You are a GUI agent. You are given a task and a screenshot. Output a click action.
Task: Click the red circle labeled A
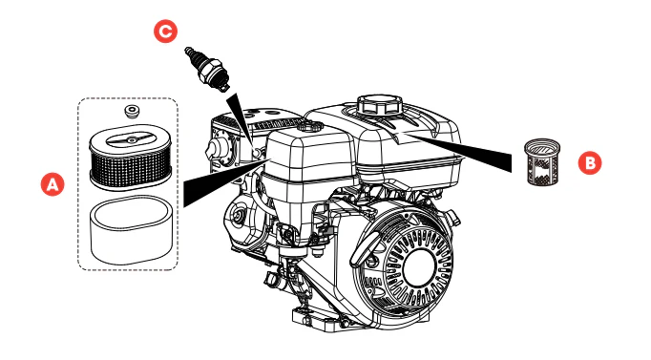tap(52, 184)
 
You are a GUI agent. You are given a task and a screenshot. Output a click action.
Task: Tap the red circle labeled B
tap(590, 162)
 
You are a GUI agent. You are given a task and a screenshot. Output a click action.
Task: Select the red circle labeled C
tap(166, 32)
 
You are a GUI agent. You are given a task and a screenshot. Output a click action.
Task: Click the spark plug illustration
tap(207, 69)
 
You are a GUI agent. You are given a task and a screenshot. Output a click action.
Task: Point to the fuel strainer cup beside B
tap(542, 161)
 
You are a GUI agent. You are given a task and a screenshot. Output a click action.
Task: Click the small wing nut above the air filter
tap(132, 112)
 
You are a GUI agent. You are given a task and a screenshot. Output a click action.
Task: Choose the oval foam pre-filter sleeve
tap(131, 230)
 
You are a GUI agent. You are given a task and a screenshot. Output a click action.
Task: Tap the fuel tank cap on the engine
tap(380, 105)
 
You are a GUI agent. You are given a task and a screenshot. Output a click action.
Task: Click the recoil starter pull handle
tap(366, 249)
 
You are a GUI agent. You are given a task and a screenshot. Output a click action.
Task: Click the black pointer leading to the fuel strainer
tap(460, 152)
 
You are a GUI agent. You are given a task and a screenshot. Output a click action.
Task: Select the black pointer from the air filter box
tap(224, 182)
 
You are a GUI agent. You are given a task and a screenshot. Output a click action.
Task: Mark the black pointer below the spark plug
tap(240, 120)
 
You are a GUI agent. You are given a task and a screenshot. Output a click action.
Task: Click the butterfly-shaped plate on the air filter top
tap(131, 139)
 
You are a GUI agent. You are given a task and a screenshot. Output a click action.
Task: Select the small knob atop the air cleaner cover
tap(309, 126)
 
